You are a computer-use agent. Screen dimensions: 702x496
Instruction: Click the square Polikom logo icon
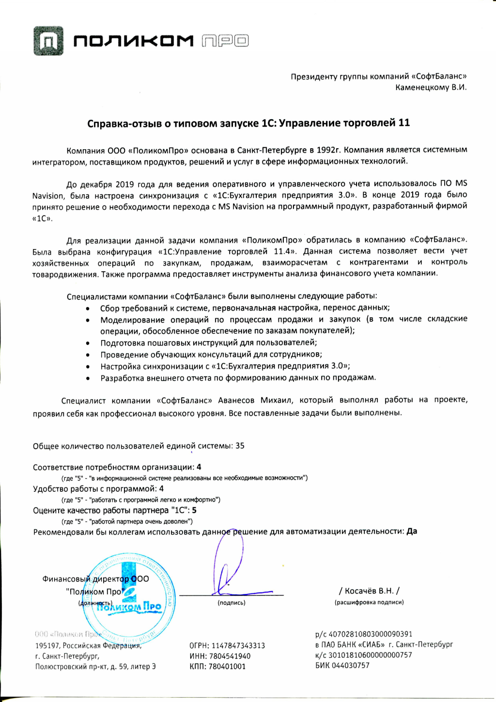pos(48,41)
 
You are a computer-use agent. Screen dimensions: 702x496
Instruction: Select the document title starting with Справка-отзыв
pos(248,123)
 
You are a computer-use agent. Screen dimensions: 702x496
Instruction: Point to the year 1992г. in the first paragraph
pos(328,150)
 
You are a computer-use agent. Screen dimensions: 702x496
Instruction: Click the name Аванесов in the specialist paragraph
pos(236,400)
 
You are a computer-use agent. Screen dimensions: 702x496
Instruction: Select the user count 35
pos(240,446)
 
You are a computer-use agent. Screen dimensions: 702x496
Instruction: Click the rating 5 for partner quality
pos(194,510)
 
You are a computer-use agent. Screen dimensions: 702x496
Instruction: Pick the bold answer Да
pos(412,531)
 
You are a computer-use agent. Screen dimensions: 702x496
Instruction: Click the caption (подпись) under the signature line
pos(232,603)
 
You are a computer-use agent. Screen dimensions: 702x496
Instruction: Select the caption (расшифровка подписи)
pos(369,602)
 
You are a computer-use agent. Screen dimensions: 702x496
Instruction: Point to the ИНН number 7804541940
pos(230,656)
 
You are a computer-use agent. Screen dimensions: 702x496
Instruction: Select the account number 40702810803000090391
pos(371,634)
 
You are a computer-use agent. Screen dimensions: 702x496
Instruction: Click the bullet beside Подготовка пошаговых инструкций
pos(88,343)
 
